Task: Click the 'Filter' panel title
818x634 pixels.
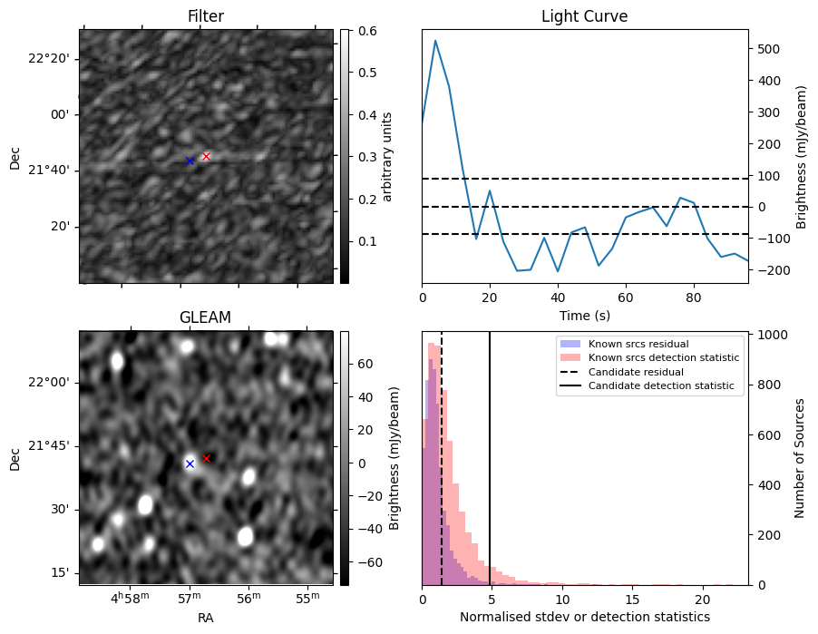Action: pos(206,16)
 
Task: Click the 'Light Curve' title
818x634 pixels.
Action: pos(584,16)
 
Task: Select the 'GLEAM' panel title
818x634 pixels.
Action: pos(206,317)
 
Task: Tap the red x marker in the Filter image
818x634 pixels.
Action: pos(206,156)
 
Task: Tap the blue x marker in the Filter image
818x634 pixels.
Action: pos(190,161)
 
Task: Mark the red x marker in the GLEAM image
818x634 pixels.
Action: pos(207,458)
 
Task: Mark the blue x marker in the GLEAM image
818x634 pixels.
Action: pos(190,463)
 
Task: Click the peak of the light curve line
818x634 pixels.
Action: pos(435,40)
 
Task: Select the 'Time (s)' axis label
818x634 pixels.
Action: pos(584,315)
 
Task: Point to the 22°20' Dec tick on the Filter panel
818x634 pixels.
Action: pos(47,59)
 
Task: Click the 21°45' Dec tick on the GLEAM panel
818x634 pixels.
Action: pos(47,445)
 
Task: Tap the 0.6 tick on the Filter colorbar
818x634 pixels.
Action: pos(367,30)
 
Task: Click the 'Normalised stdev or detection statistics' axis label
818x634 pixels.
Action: pos(584,617)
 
